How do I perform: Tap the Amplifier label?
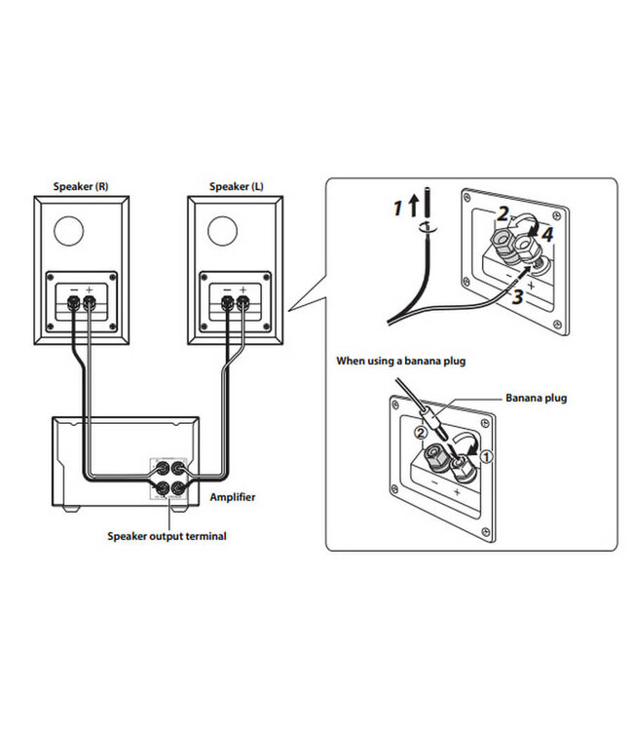click(233, 496)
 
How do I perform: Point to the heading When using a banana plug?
click(401, 361)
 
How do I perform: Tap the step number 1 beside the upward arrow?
click(397, 207)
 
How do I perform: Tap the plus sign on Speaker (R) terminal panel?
click(90, 289)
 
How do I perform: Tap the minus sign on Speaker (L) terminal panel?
click(226, 289)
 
